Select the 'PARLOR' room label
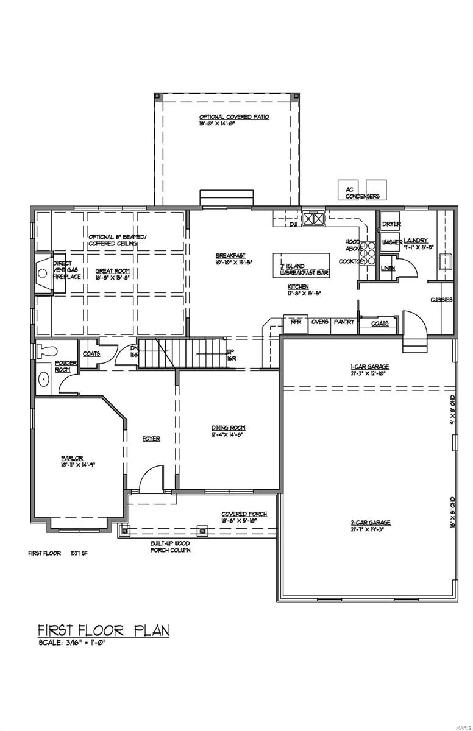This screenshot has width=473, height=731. click(71, 457)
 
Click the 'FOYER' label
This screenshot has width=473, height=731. click(151, 439)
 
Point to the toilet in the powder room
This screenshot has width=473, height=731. click(46, 350)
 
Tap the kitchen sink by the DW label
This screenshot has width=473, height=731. click(315, 218)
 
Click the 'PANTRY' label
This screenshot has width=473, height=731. click(343, 322)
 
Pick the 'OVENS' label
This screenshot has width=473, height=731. click(320, 322)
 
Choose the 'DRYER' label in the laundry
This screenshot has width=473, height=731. click(391, 224)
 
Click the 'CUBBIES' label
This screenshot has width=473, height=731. click(441, 300)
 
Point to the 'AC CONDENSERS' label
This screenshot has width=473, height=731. click(363, 193)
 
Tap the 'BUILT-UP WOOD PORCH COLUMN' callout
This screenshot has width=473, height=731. click(171, 546)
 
